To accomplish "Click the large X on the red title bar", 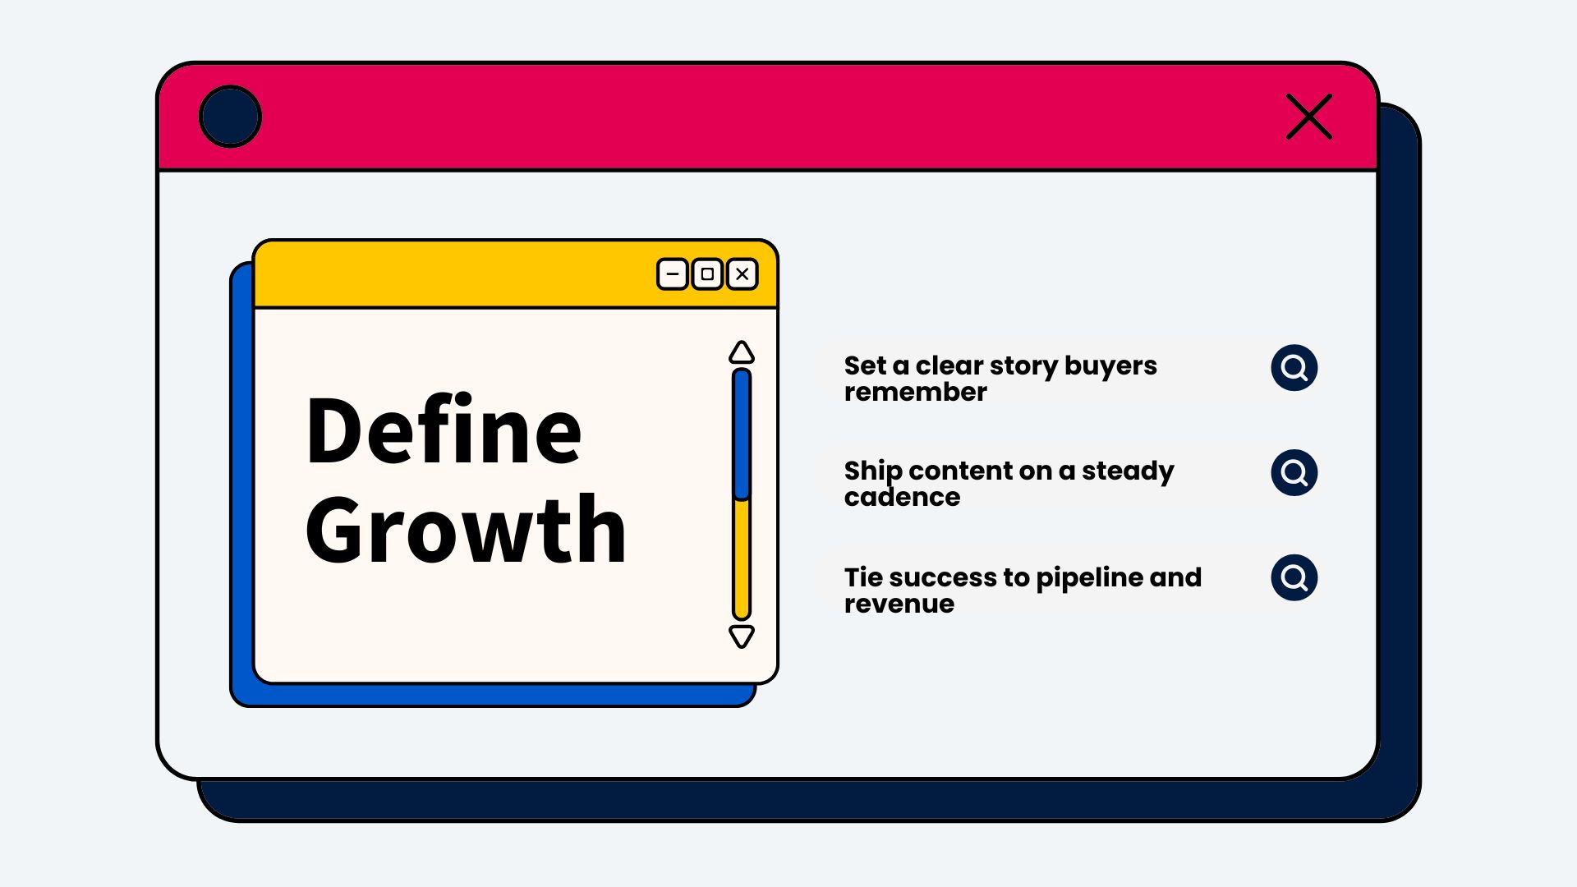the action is (x=1309, y=117).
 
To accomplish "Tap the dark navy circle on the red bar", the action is (x=230, y=117).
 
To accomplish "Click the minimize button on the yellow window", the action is (x=673, y=274).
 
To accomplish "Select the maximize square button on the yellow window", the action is (x=707, y=274).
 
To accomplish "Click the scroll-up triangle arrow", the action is (x=742, y=352).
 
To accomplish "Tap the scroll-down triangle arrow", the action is (x=742, y=637).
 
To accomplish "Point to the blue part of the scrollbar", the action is (x=742, y=434).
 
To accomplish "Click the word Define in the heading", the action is (x=444, y=430).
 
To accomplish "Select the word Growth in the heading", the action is (x=466, y=530).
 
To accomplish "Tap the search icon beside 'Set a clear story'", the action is (x=1294, y=368).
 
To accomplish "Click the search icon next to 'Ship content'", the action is (x=1294, y=473).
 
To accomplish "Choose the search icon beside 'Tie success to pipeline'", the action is (x=1294, y=578).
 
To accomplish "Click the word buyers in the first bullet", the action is (x=1110, y=366).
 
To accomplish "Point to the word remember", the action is (x=916, y=392).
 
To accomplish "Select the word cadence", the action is (x=902, y=497).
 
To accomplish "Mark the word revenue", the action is (x=899, y=604).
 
